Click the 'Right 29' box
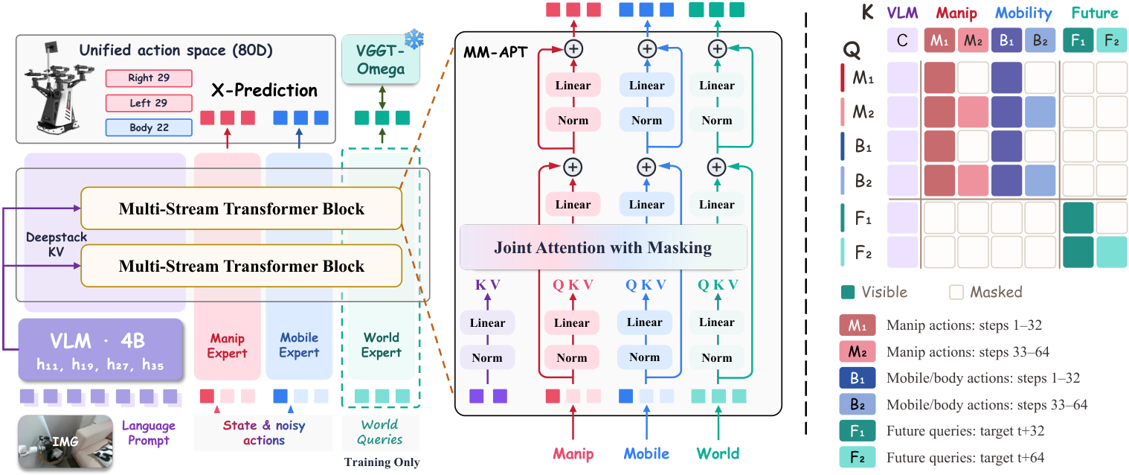(x=149, y=78)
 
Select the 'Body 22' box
(x=149, y=128)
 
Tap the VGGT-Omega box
(x=381, y=60)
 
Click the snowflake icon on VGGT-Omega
(x=414, y=39)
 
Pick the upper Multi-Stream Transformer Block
(x=242, y=208)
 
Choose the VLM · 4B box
(x=100, y=349)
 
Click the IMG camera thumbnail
(x=65, y=442)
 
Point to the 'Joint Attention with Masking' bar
(x=603, y=247)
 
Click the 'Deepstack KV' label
(x=56, y=244)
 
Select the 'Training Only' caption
(x=382, y=462)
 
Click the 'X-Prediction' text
(x=264, y=90)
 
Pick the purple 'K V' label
(x=487, y=284)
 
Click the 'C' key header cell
(x=902, y=40)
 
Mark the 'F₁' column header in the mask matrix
(x=1078, y=40)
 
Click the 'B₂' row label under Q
(x=863, y=181)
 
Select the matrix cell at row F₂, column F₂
(x=1111, y=252)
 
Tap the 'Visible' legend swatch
(x=848, y=293)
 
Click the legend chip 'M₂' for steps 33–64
(x=858, y=352)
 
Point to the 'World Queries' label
(x=380, y=432)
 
